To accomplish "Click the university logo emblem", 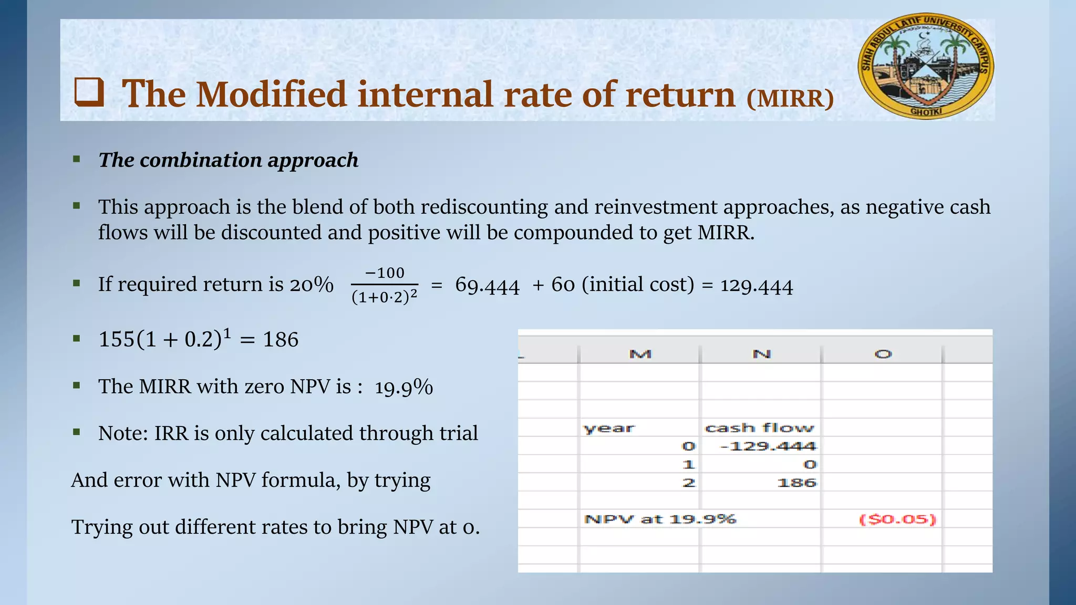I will [926, 66].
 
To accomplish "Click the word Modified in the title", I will [271, 95].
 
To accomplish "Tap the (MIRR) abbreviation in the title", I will [790, 98].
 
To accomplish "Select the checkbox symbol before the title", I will [89, 92].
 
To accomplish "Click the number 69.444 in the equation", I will [487, 285].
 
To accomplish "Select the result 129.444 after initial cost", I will [756, 285].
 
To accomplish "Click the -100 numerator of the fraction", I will [385, 273].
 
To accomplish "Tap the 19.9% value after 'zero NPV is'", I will [403, 387].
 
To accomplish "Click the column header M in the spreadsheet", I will [640, 354].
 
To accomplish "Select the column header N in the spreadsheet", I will [761, 354].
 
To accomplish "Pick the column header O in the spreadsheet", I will [883, 354].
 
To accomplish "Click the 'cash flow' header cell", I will [759, 428].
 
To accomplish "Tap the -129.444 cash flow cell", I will [768, 446].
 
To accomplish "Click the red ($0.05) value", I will [897, 519].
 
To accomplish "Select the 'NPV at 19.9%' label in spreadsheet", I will [660, 519].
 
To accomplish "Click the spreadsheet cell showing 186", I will [796, 483].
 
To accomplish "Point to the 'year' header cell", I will [609, 428].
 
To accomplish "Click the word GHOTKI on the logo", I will [926, 112].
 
